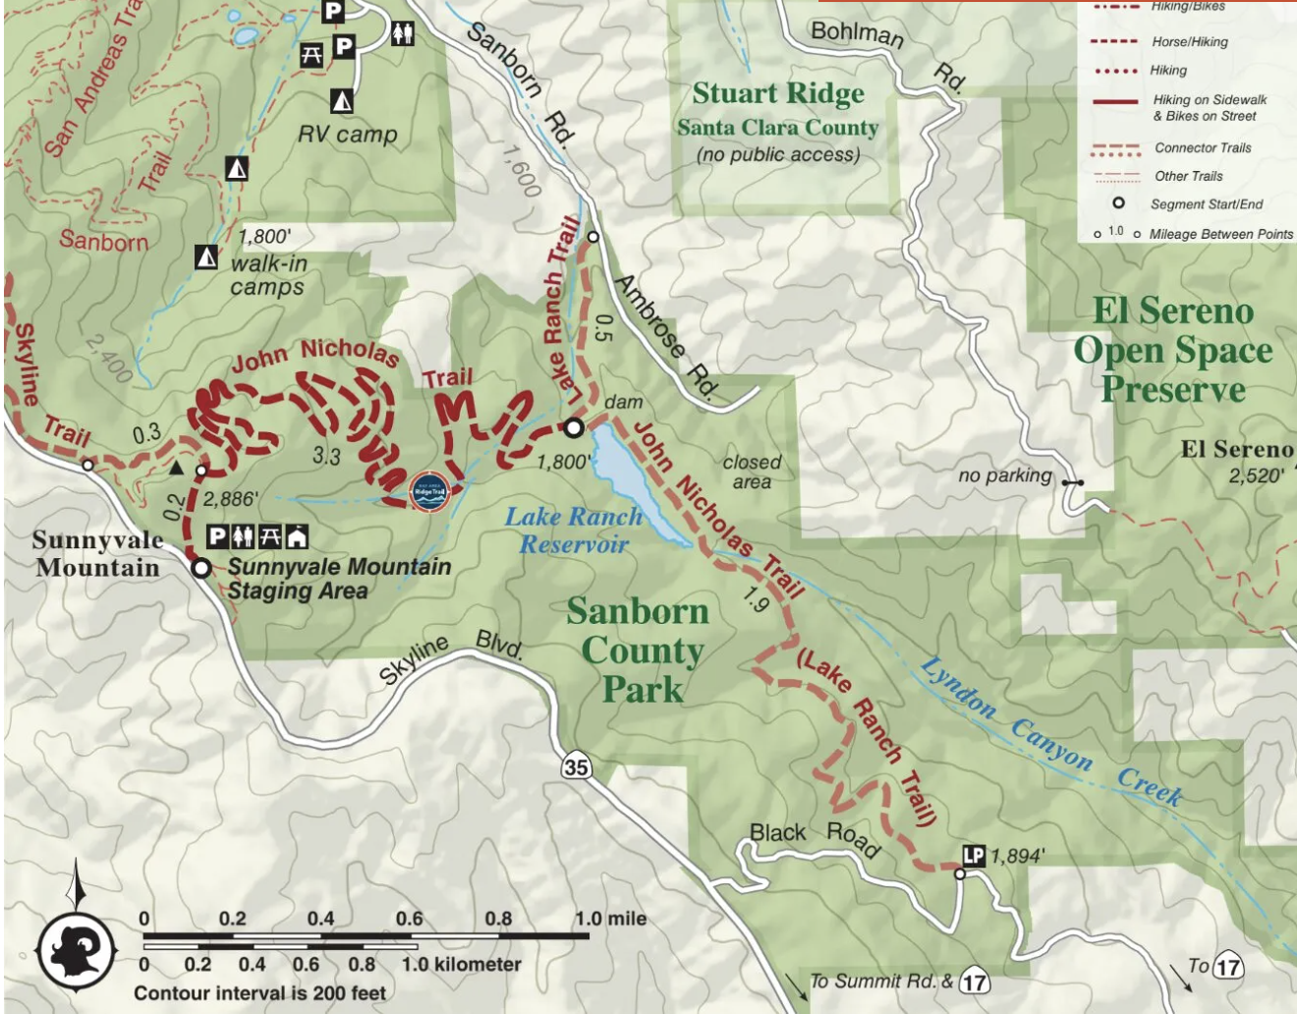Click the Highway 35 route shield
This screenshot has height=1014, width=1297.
[x=577, y=766]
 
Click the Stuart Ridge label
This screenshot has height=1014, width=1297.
[x=778, y=94]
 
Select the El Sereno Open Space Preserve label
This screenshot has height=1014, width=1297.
[x=1172, y=351]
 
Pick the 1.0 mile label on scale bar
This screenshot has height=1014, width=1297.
[x=611, y=919]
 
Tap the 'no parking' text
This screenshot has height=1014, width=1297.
[x=1004, y=477]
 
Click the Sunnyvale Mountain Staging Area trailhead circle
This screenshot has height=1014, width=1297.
[x=200, y=568]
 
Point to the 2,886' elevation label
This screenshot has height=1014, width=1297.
[x=232, y=499]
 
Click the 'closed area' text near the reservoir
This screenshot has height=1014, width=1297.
[x=752, y=472]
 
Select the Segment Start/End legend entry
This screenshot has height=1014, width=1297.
[x=1206, y=204]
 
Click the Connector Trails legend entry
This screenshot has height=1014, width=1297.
[x=1202, y=148]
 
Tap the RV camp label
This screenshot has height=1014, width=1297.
[x=348, y=135]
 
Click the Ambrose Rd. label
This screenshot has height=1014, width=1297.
[x=665, y=335]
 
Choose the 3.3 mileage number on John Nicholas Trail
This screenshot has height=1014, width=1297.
[x=326, y=456]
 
